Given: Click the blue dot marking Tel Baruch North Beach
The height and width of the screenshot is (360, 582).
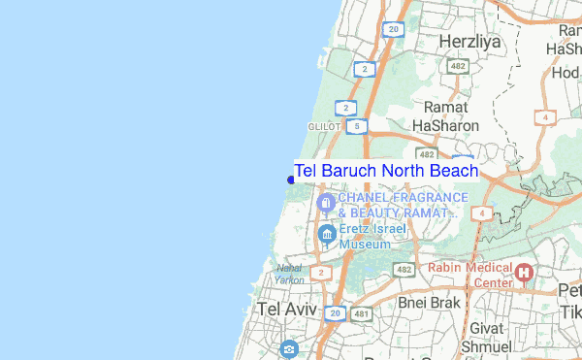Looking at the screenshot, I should point(291,180).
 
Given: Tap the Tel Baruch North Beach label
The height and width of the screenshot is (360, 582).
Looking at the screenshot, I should point(386,171).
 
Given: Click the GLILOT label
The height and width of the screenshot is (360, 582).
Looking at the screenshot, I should point(323,126).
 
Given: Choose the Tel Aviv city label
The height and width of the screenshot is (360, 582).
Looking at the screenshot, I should point(288,309).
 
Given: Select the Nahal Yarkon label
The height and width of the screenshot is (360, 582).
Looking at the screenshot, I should point(289,274).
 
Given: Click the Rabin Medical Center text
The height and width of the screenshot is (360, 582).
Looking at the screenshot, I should point(470,276).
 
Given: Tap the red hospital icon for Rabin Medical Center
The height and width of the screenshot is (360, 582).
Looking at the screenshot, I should point(525,273).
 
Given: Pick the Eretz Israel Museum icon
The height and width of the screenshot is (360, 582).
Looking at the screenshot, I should point(327,234).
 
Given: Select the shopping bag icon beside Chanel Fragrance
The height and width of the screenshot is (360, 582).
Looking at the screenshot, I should point(327,204).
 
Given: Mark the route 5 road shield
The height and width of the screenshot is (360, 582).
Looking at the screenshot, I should point(360,126).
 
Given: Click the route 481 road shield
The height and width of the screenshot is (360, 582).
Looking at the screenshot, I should point(361,314).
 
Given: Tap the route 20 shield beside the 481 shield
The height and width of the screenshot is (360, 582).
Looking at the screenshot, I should point(334,314).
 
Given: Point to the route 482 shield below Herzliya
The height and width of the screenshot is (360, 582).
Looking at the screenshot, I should point(459,66).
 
